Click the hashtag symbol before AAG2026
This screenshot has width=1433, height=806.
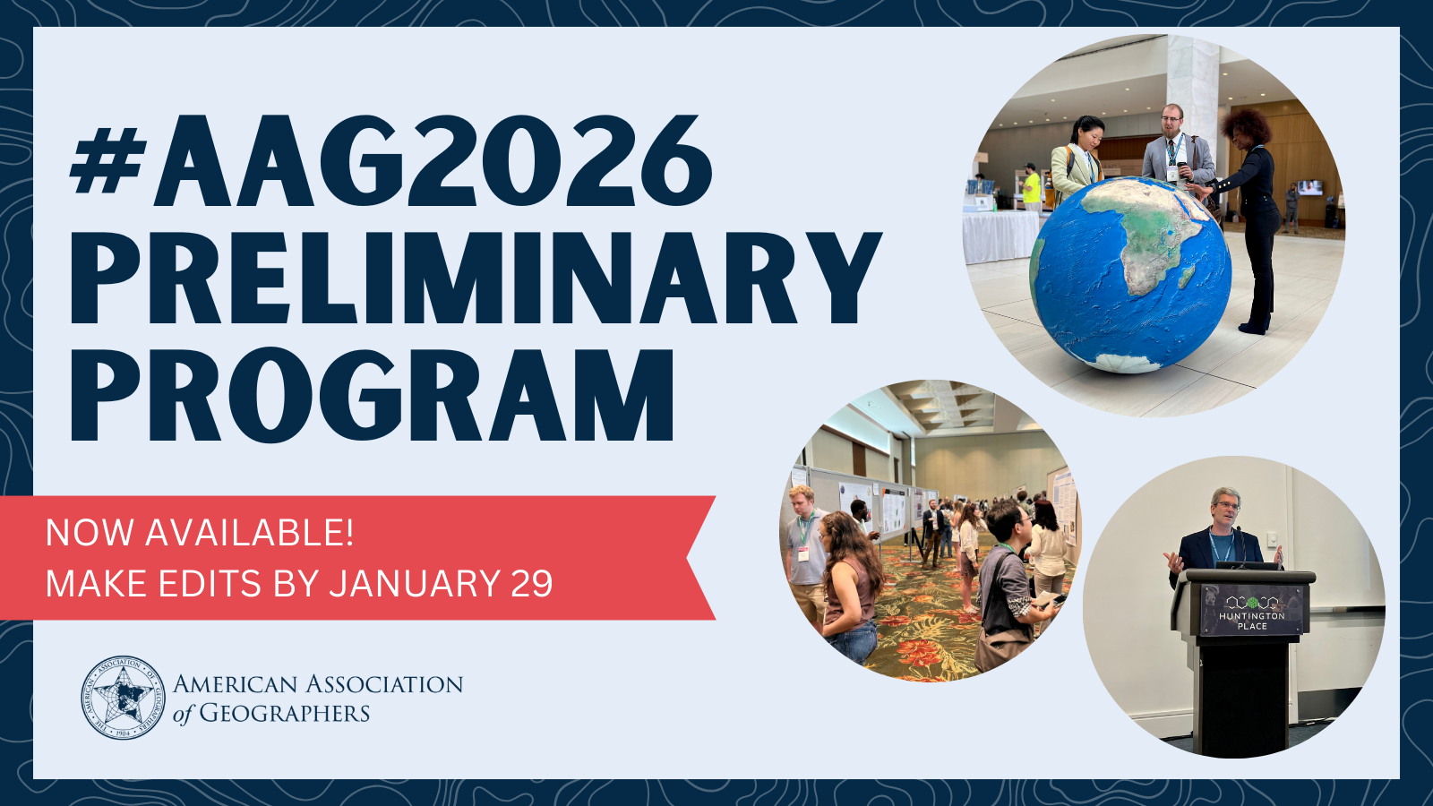(107, 160)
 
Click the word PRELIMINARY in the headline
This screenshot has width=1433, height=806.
(476, 278)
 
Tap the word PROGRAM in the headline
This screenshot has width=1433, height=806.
(372, 395)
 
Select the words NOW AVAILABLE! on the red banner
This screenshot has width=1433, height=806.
(200, 533)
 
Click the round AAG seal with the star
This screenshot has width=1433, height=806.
(123, 698)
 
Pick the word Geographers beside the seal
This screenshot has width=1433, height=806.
(284, 713)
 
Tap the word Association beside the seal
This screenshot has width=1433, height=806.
(384, 684)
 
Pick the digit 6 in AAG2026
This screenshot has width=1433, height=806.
(672, 160)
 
